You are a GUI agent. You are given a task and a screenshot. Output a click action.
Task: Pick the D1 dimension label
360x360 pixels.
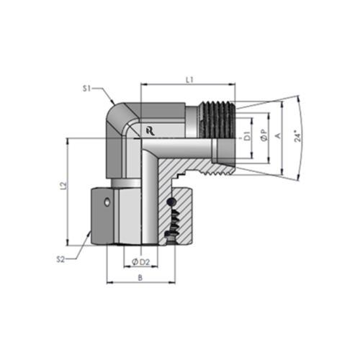coord(246,135)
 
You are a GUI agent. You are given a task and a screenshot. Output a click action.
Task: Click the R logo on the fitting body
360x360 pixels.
coord(149,130)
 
